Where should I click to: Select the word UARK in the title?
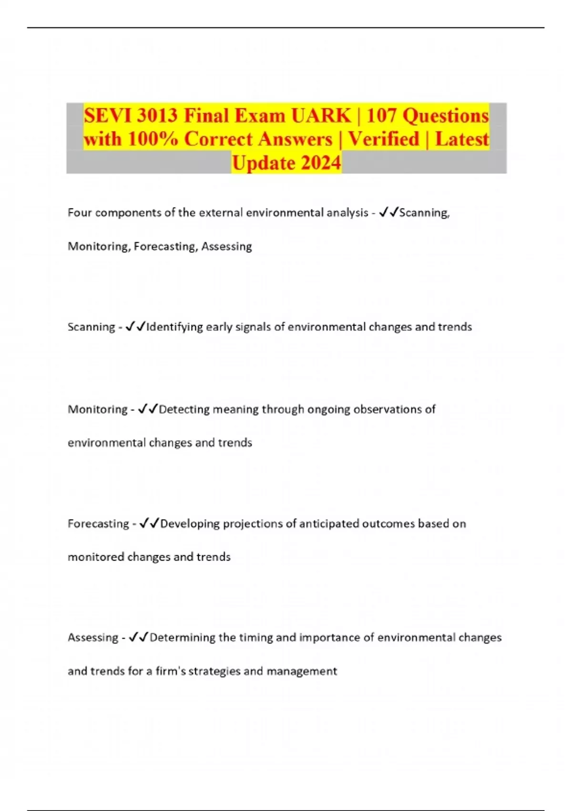321,115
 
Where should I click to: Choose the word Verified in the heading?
384,139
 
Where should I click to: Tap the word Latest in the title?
462,139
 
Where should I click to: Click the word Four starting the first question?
80,213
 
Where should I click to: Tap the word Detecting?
184,409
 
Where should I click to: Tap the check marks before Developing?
149,523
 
